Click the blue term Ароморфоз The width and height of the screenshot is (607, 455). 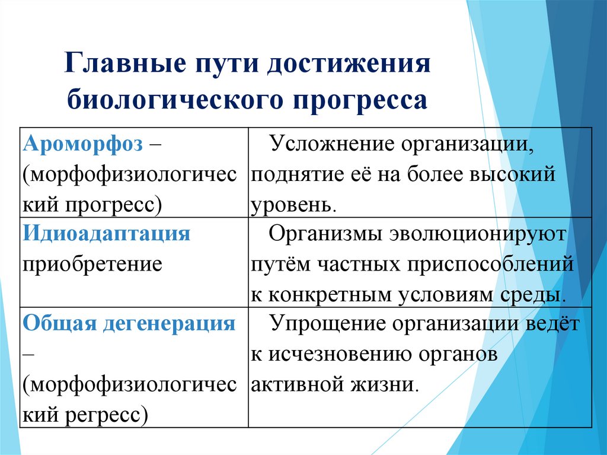click(83, 145)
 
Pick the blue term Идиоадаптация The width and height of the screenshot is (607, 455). click(107, 233)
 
